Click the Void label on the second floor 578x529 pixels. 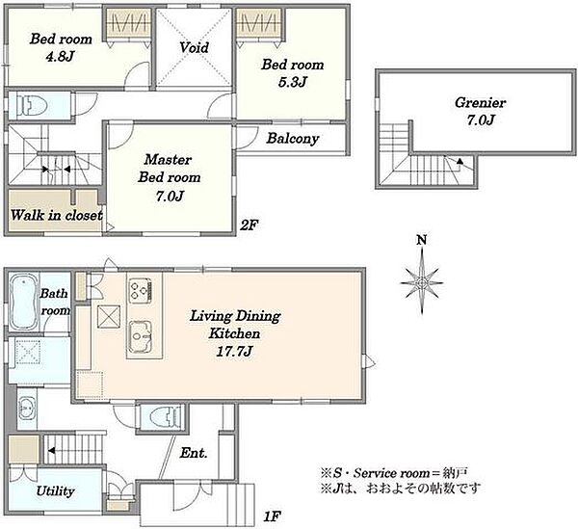coord(195,47)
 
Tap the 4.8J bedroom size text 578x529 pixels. coord(60,57)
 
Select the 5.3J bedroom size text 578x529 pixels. coord(293,82)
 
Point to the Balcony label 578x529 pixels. coord(293,139)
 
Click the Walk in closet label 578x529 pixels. coord(57,215)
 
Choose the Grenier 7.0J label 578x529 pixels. coord(480,112)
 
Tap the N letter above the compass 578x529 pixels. coord(422,240)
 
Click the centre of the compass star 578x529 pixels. coord(422,283)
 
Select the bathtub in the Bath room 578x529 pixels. coord(23,302)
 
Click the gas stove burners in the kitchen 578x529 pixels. coord(140,289)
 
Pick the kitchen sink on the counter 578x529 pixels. coord(140,336)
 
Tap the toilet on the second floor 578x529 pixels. coord(33,106)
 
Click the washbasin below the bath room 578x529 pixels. coord(26,408)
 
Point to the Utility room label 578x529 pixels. coord(55,491)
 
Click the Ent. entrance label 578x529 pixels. coord(194,453)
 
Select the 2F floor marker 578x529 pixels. coord(250,225)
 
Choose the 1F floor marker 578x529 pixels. coord(273,516)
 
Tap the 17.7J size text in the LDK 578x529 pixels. coord(234,352)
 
